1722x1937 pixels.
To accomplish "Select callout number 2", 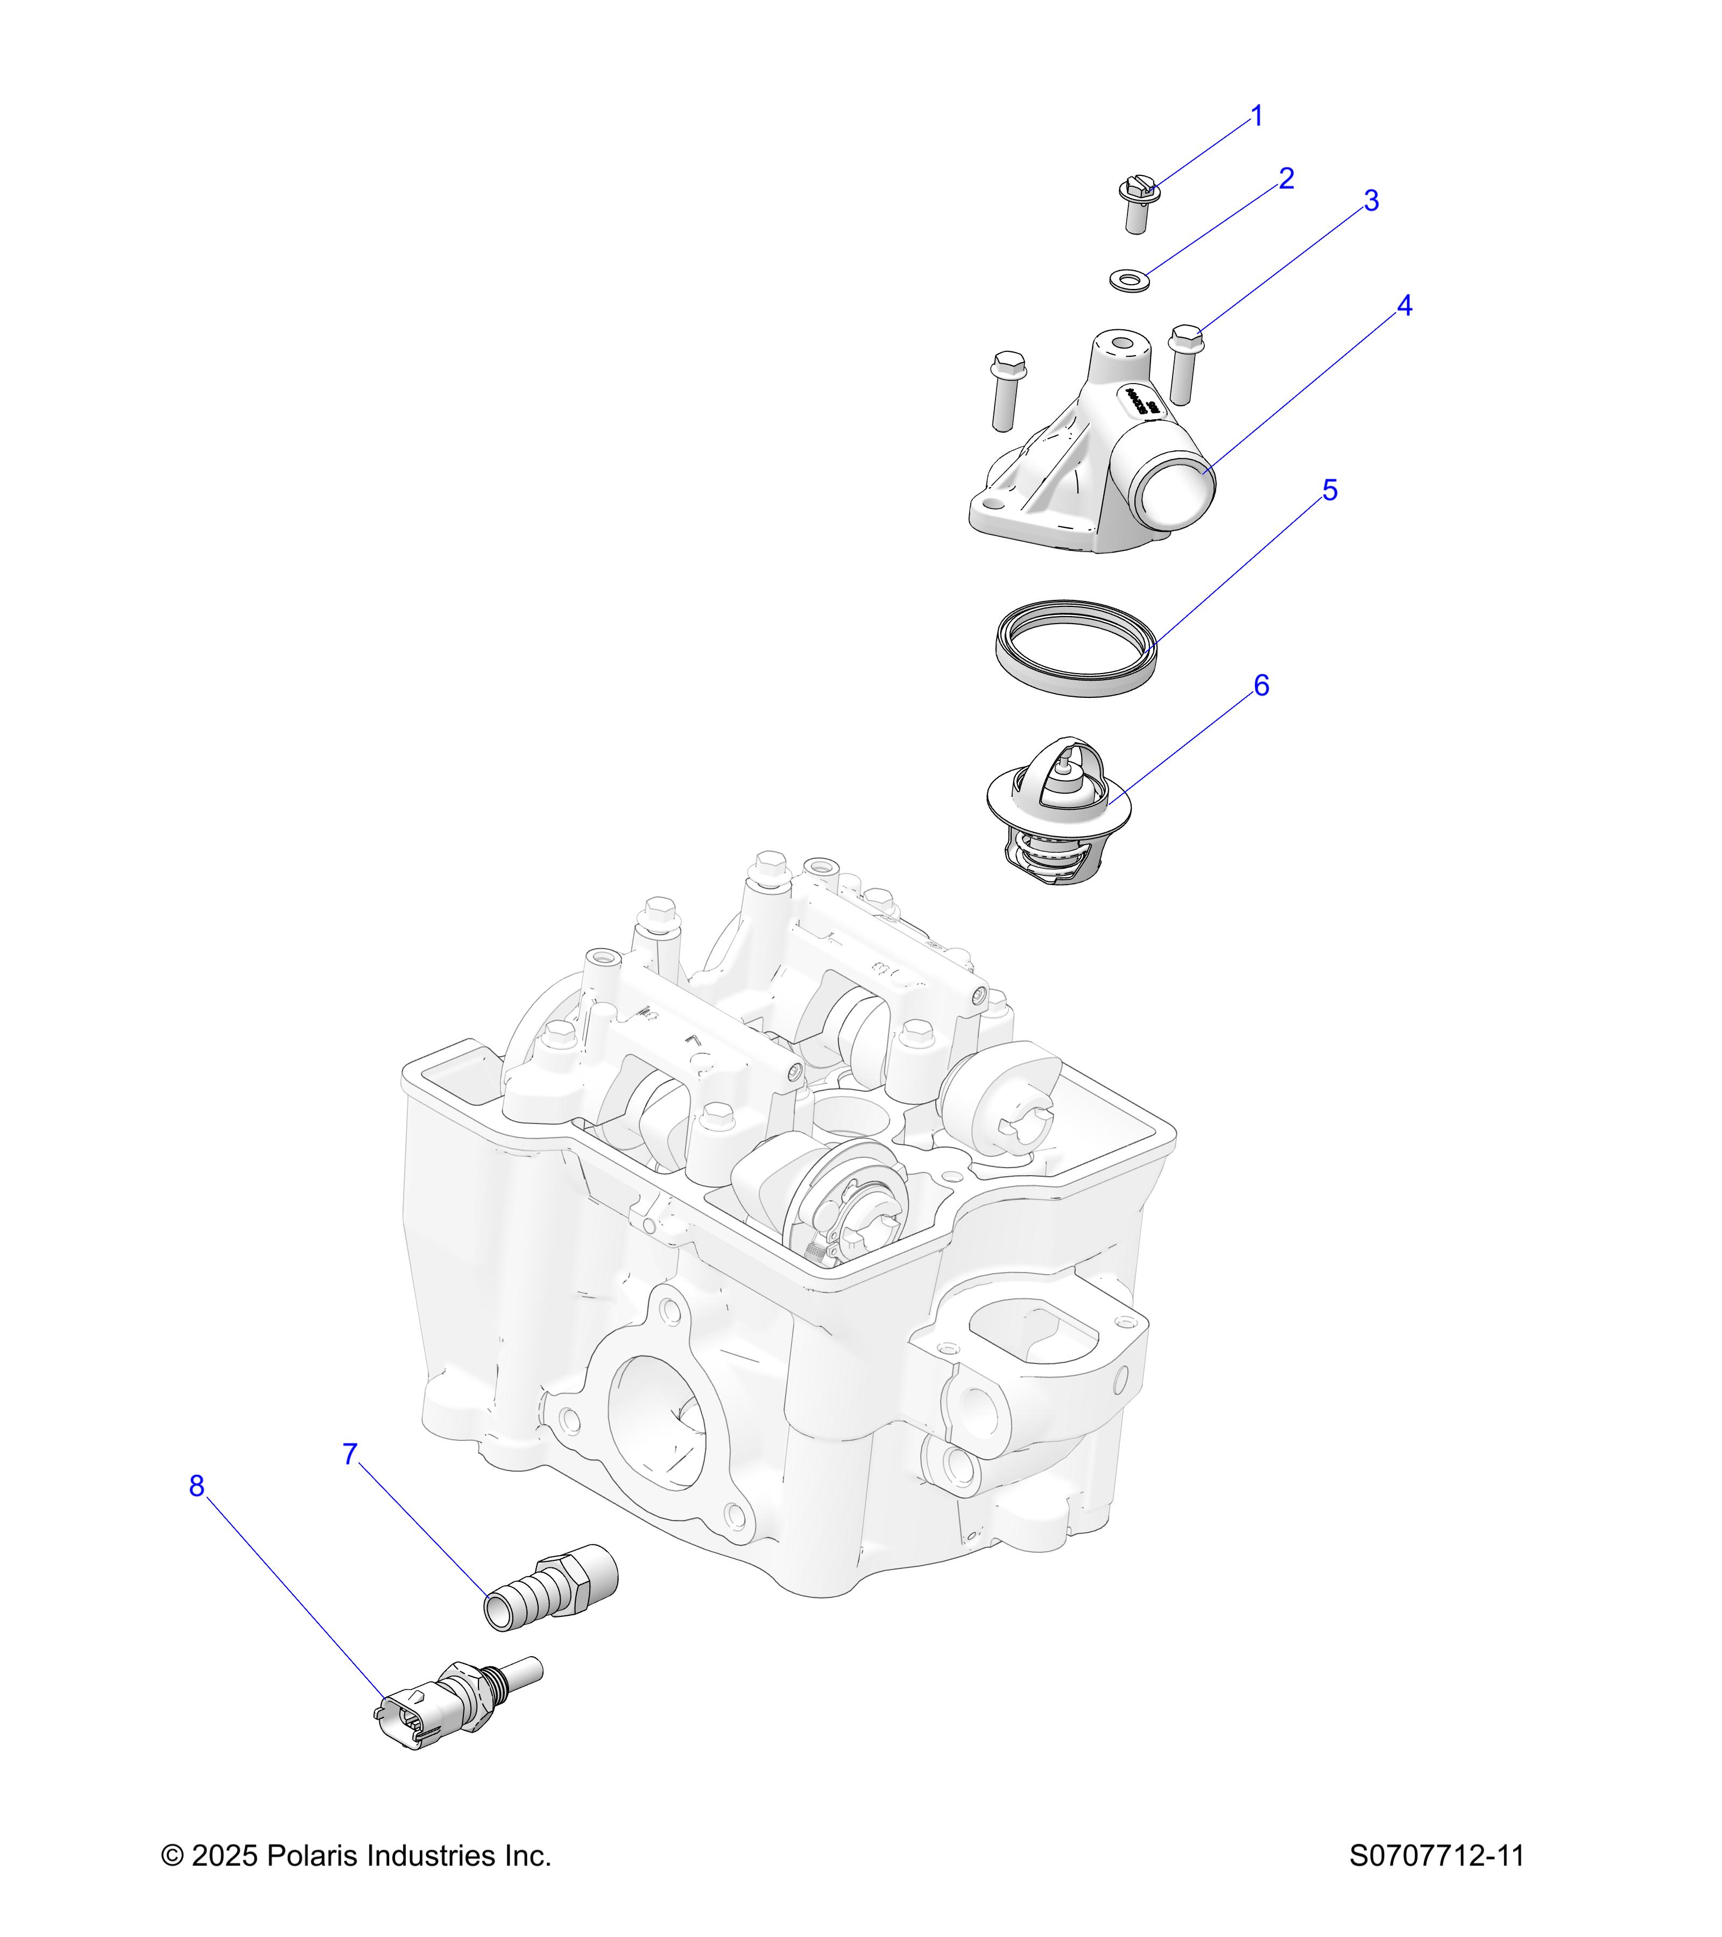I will (1286, 178).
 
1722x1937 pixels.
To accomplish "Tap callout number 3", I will (1371, 201).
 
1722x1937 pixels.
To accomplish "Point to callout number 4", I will (1405, 306).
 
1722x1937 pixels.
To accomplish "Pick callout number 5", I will (1330, 491).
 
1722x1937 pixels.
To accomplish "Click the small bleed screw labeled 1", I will (1137, 204).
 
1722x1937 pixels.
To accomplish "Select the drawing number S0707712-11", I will (1437, 1856).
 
